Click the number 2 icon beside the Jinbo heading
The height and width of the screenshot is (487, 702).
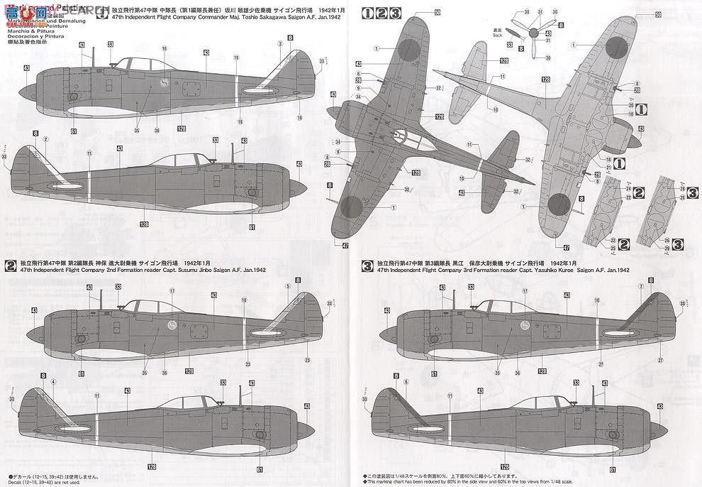pyautogui.click(x=11, y=266)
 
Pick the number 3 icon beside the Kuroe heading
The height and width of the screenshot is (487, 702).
pyautogui.click(x=367, y=266)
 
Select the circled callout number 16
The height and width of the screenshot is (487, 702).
pyautogui.click(x=164, y=49)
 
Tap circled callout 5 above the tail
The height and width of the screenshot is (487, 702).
pyautogui.click(x=289, y=286)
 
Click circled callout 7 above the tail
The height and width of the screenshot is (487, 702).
pyautogui.click(x=640, y=286)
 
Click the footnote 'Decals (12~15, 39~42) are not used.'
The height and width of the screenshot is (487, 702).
pyautogui.click(x=50, y=481)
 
